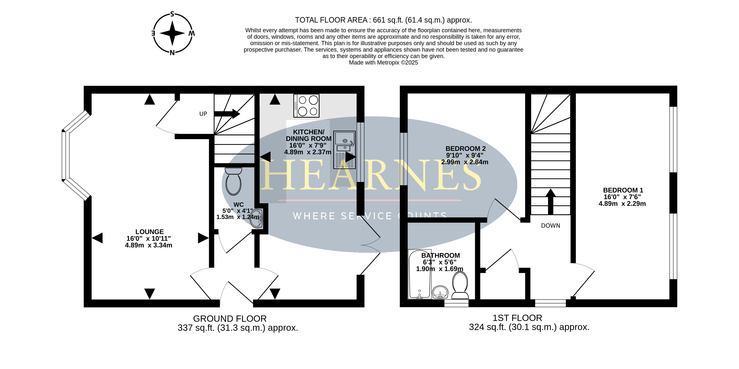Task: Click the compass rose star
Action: [172, 33]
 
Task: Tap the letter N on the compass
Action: [172, 53]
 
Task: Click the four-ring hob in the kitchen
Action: [306, 106]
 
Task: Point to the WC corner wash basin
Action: [256, 219]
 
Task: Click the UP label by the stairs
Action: [203, 114]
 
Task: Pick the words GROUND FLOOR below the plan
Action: [230, 319]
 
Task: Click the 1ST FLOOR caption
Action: [517, 318]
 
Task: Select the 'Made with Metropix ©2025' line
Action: [384, 63]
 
